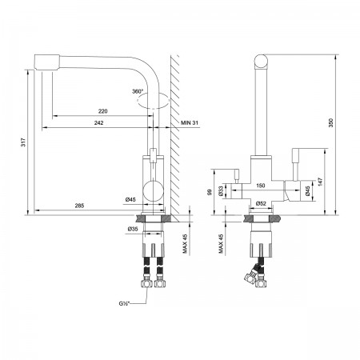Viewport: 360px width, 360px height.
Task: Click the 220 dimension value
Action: [102, 111]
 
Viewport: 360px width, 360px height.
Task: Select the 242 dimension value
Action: [98, 122]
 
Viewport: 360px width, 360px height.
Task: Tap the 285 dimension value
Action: [79, 206]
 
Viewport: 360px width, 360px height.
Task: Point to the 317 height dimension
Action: [23, 142]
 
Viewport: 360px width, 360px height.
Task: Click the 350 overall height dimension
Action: [330, 122]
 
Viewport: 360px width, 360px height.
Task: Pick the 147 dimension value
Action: [320, 182]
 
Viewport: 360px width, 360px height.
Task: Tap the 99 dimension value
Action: [210, 192]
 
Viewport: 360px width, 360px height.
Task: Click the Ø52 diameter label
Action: [261, 203]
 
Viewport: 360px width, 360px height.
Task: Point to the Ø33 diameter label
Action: [220, 191]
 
